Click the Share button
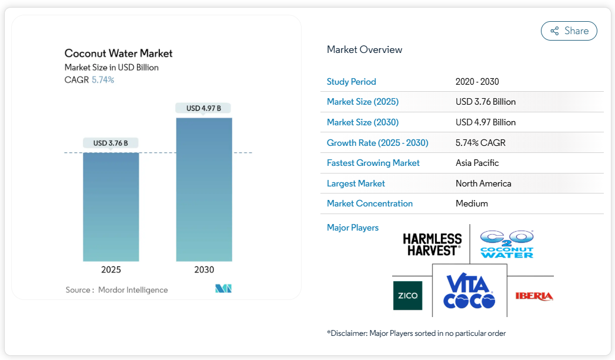click(x=569, y=31)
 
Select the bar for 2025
click(x=111, y=206)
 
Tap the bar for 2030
click(x=204, y=189)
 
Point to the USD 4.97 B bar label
click(x=203, y=108)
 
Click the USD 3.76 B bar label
click(x=111, y=143)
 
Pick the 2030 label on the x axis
click(x=204, y=270)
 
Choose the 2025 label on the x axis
click(x=111, y=270)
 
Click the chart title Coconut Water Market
click(x=118, y=54)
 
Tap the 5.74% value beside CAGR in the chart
click(x=103, y=80)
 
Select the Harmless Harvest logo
click(x=432, y=244)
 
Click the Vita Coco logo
click(x=469, y=292)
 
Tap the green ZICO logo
click(x=407, y=295)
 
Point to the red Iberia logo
click(x=534, y=296)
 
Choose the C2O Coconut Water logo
click(x=507, y=244)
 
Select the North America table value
click(x=483, y=184)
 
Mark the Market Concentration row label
click(x=370, y=204)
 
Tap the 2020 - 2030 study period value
click(x=477, y=82)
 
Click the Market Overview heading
click(x=365, y=49)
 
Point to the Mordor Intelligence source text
click(x=133, y=290)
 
